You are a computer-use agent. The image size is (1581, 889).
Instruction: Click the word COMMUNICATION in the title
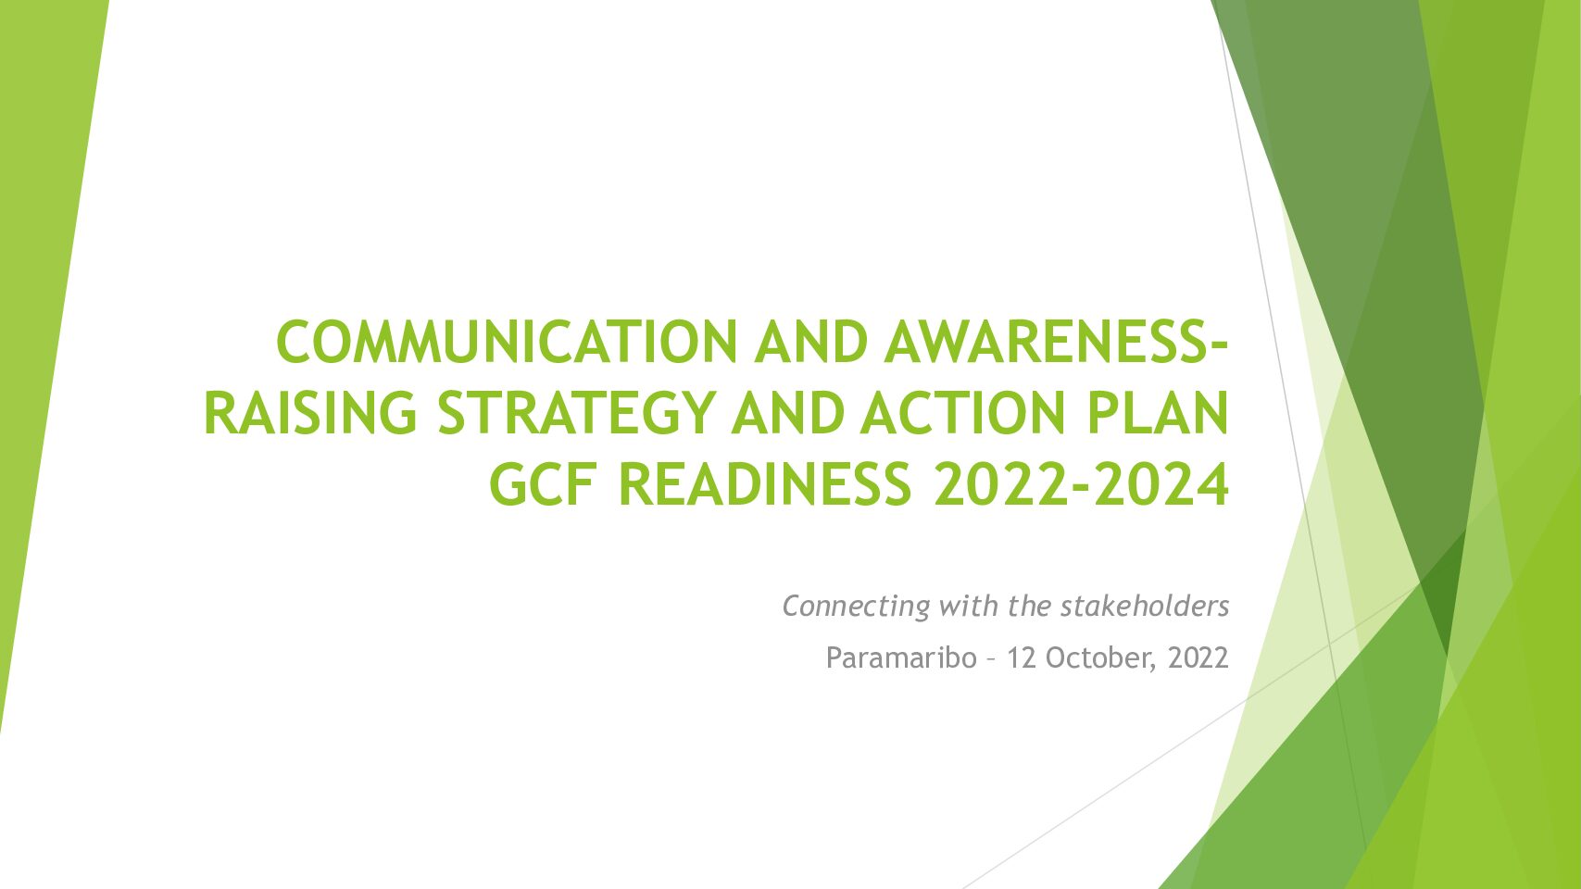pos(507,343)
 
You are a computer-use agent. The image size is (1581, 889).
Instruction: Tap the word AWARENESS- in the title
pos(1057,343)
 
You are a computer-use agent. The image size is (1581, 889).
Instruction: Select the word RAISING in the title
pos(310,413)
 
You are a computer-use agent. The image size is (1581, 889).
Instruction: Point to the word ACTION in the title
pos(962,413)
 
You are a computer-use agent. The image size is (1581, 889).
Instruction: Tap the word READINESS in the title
pos(765,484)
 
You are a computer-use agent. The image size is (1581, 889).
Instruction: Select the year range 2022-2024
pos(1081,484)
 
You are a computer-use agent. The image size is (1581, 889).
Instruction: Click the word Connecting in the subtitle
pos(856,607)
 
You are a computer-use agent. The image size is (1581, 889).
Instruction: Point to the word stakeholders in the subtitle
pos(1145,606)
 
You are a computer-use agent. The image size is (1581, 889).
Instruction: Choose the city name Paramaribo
pos(901,657)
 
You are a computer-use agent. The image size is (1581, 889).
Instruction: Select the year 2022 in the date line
pos(1198,657)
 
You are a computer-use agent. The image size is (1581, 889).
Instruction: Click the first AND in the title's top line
pos(811,343)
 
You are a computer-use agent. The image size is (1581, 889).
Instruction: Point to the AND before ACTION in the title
pos(788,413)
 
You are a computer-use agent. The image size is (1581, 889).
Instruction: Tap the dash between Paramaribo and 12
pos(992,660)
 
